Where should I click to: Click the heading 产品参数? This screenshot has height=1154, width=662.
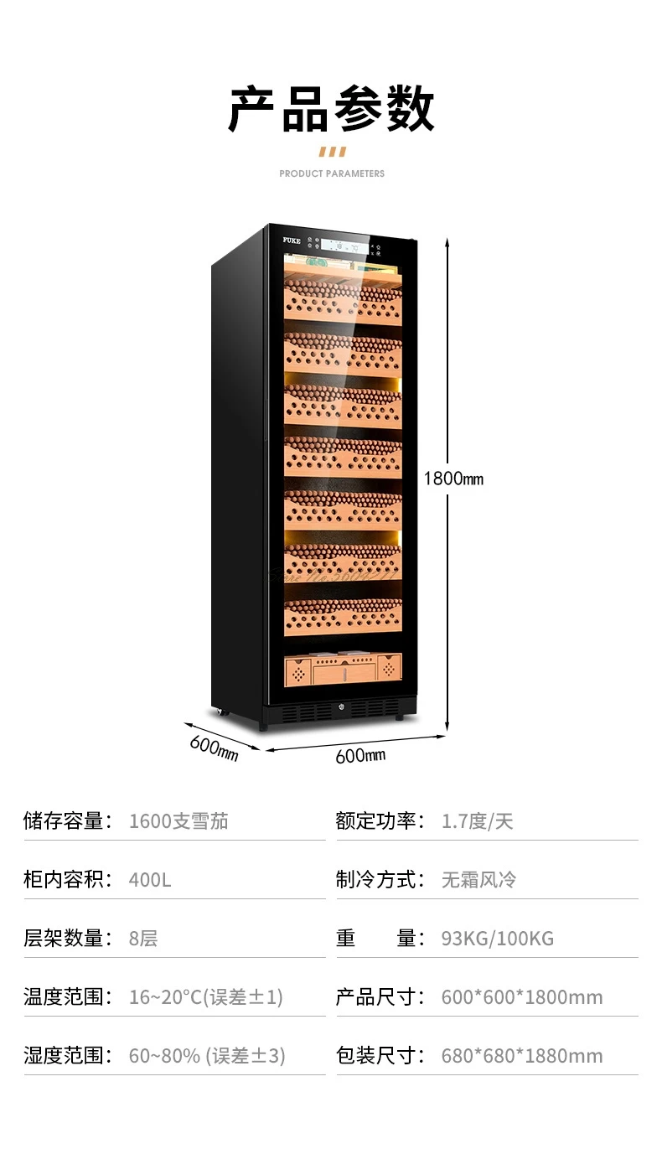(331, 110)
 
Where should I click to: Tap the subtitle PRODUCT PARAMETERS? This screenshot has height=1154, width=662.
(332, 173)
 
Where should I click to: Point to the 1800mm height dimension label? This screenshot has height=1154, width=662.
(453, 479)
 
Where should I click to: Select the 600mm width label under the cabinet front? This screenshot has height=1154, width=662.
(360, 755)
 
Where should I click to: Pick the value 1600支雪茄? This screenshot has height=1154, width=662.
(178, 821)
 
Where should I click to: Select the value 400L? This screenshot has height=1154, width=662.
(150, 880)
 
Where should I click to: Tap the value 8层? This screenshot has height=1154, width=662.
(143, 939)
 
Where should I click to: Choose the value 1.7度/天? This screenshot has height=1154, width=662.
(477, 821)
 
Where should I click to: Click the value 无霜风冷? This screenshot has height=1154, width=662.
(478, 880)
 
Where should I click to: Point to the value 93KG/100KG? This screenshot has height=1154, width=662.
(498, 939)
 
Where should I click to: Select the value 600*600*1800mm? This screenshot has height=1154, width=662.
(522, 997)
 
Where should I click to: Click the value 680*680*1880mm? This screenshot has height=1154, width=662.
(522, 1056)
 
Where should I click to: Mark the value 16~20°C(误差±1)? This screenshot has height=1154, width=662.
(206, 997)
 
